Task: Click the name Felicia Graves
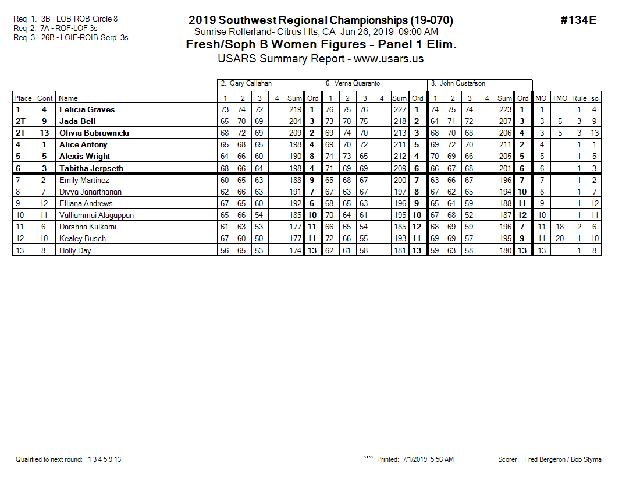tap(87, 109)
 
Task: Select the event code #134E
tap(578, 20)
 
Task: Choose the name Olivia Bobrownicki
tap(94, 133)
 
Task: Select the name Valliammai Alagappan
tap(96, 215)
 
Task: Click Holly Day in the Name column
tap(75, 250)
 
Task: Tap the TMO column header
tap(559, 98)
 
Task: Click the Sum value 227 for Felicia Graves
tap(399, 109)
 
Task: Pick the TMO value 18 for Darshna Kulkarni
tap(559, 227)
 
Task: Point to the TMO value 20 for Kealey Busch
tap(559, 238)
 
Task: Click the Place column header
tap(23, 98)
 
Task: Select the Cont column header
tap(45, 98)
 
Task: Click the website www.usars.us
tap(388, 59)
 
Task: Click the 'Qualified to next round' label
tap(49, 459)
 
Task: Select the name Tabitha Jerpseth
tap(91, 168)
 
